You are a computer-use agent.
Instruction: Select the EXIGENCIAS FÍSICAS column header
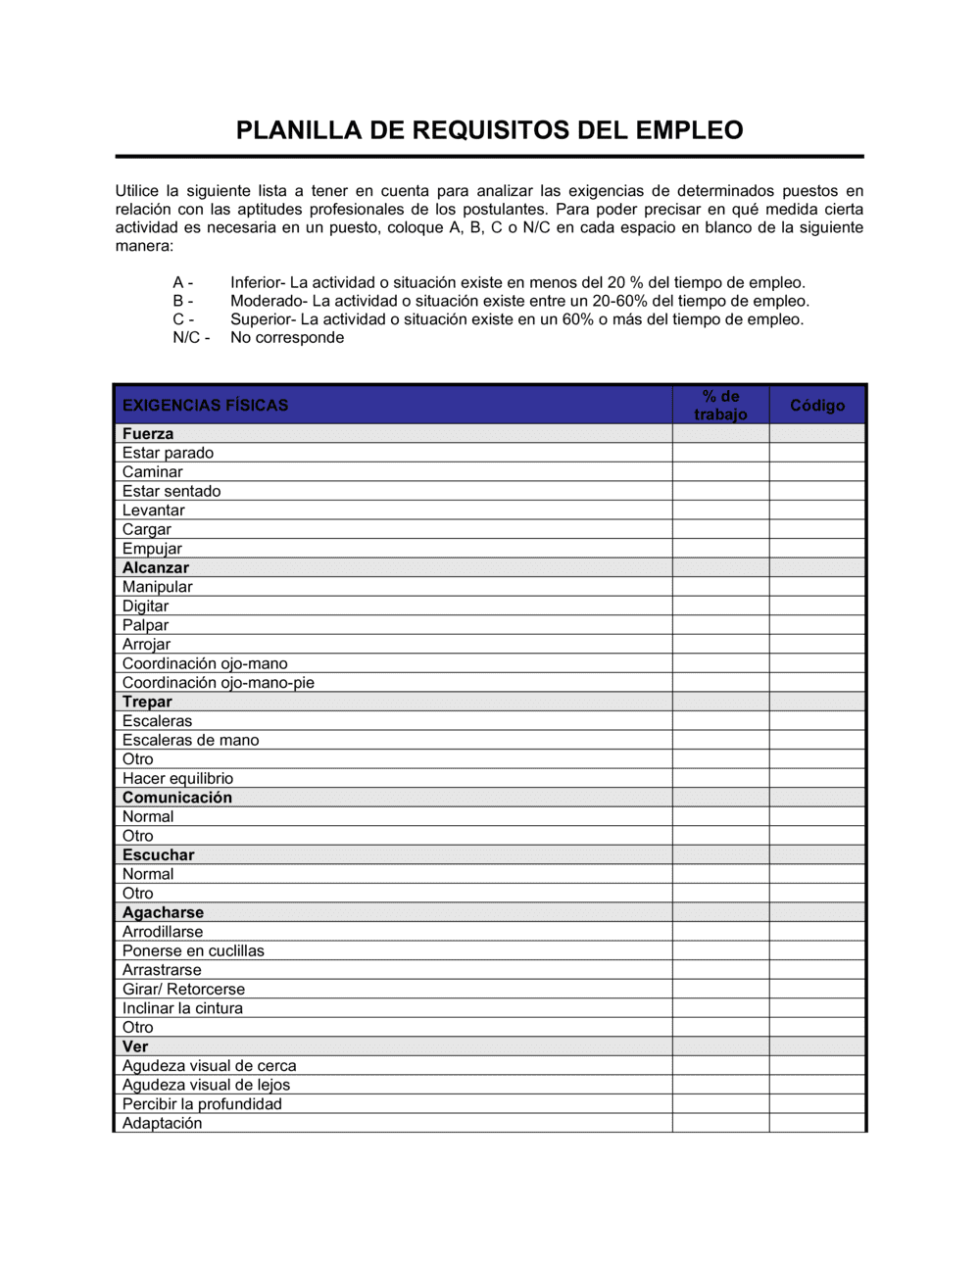click(205, 406)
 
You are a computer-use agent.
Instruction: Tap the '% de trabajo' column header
click(720, 406)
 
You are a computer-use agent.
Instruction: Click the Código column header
click(817, 406)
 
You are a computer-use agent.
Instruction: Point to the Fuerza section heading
click(148, 434)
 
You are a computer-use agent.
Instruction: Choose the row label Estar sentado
click(171, 491)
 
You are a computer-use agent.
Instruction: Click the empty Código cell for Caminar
click(817, 472)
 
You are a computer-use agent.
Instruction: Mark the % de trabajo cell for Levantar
click(720, 510)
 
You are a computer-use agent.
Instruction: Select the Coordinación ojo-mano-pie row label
click(218, 683)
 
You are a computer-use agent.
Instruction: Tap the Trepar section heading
click(147, 702)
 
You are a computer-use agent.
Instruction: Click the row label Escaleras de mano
click(190, 740)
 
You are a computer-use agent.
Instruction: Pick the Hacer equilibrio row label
click(177, 779)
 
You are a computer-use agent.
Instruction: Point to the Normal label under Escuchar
click(148, 874)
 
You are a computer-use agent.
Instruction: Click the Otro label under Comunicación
click(138, 836)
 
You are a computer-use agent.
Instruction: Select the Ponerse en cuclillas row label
click(193, 950)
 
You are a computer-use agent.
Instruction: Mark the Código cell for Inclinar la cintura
click(817, 1008)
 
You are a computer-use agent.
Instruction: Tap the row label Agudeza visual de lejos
click(206, 1085)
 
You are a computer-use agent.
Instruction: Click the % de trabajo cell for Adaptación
click(720, 1123)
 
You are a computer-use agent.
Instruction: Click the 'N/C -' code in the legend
click(191, 338)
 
